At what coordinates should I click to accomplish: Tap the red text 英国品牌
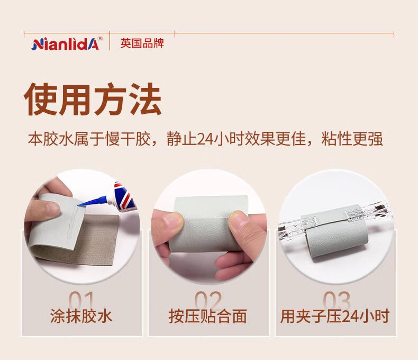[142, 43]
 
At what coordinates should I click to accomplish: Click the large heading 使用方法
[93, 99]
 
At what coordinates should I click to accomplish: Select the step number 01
[81, 300]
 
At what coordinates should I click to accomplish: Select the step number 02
[208, 300]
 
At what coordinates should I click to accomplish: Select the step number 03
[337, 300]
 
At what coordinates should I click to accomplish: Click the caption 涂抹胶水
[81, 316]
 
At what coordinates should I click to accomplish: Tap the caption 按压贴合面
[208, 316]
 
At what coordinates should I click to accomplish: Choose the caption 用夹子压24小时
[335, 316]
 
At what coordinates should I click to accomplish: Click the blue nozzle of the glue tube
[94, 201]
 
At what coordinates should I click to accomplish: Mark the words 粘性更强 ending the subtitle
[352, 139]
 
